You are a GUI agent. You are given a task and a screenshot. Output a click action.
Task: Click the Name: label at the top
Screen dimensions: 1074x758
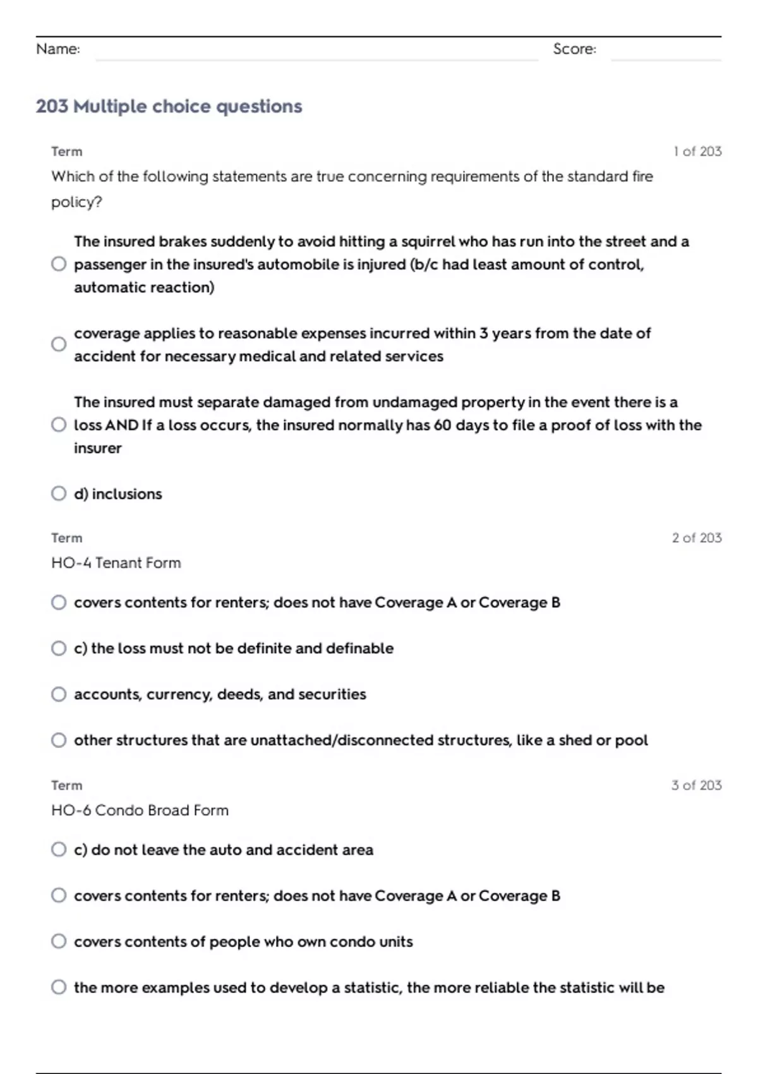click(58, 49)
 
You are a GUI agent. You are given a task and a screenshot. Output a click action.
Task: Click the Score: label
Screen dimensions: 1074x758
click(574, 49)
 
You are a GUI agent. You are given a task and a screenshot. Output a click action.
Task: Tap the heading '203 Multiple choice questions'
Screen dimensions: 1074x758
click(169, 106)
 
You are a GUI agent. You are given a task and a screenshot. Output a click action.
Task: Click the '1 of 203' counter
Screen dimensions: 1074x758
click(697, 152)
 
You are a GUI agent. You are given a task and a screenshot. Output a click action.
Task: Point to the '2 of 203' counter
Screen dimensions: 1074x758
click(696, 538)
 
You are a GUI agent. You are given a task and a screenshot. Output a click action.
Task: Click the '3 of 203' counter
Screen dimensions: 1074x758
click(696, 785)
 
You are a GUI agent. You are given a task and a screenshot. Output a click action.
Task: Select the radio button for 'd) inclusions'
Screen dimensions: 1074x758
click(59, 493)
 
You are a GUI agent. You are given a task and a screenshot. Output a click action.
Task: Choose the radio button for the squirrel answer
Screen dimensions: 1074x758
click(59, 264)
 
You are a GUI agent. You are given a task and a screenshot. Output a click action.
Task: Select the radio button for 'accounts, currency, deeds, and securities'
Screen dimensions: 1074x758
click(59, 694)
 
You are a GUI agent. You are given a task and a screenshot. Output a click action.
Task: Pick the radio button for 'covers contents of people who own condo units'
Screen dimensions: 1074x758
click(59, 941)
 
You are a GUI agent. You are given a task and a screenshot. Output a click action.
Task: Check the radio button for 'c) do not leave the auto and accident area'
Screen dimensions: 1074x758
click(59, 850)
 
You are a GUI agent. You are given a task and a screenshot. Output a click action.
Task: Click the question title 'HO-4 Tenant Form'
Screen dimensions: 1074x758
click(116, 563)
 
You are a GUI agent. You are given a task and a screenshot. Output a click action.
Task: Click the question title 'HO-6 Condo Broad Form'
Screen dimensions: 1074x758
click(140, 811)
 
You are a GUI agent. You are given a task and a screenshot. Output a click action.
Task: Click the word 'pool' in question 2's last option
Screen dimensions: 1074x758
click(631, 740)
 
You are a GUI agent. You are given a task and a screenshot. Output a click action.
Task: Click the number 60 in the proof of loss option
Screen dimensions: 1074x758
click(442, 425)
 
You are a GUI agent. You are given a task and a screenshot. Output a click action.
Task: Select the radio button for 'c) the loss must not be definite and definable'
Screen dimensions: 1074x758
click(59, 648)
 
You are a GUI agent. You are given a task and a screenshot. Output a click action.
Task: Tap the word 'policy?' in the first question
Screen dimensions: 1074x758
click(76, 202)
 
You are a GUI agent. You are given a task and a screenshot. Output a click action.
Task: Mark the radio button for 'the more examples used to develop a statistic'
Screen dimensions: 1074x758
click(59, 987)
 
